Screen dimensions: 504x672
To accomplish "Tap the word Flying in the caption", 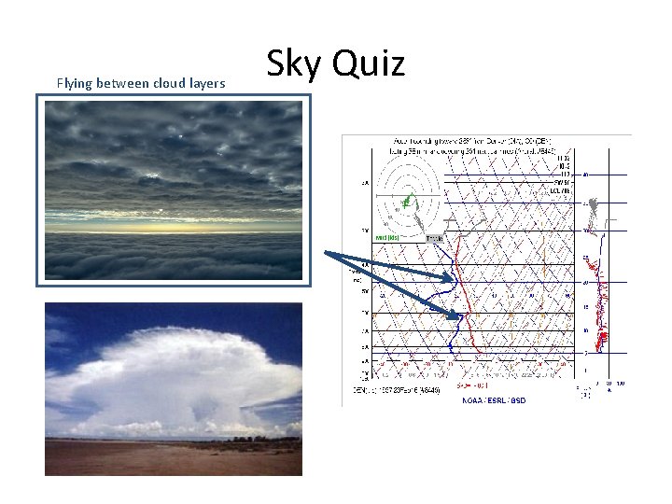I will (x=75, y=84).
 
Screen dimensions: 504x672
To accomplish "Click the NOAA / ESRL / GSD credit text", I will (x=494, y=399).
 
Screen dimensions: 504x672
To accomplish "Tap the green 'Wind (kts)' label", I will (x=388, y=238).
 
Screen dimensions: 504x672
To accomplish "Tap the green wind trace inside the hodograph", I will (x=407, y=200).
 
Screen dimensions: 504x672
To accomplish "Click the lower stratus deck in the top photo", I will (x=173, y=257).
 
